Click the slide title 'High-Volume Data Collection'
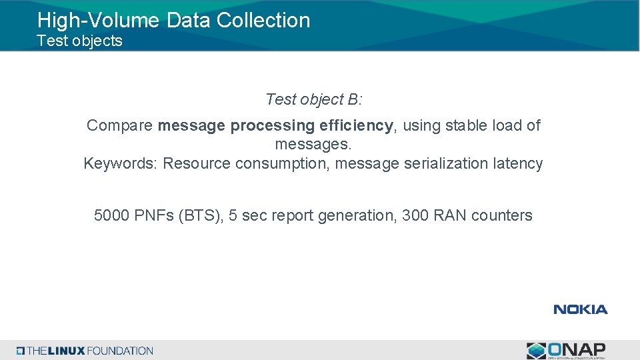point(173,20)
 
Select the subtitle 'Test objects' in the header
point(79,41)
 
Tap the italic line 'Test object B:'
point(313,99)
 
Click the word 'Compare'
point(120,125)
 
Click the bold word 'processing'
point(273,125)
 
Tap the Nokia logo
point(580,309)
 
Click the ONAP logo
point(566,350)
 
